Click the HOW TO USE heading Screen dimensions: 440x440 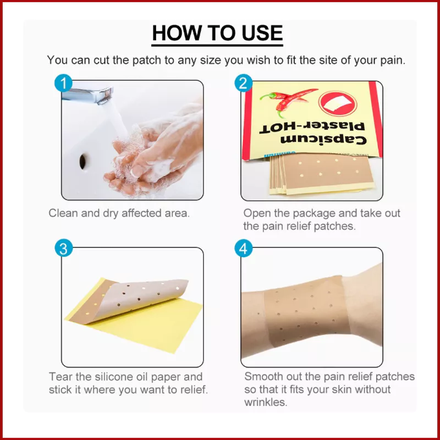point(217,33)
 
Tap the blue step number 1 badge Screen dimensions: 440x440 point(63,83)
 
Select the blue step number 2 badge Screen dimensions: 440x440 point(243,83)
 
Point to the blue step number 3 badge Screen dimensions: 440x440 point(64,248)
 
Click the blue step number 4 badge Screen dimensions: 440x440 point(243,248)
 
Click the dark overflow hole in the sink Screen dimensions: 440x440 point(82,162)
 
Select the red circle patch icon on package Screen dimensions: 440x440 point(338,103)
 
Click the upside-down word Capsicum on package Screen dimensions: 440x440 point(323,140)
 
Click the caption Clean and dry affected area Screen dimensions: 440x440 point(119,213)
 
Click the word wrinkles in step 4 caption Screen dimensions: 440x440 point(266,402)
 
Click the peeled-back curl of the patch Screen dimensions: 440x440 point(144,298)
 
